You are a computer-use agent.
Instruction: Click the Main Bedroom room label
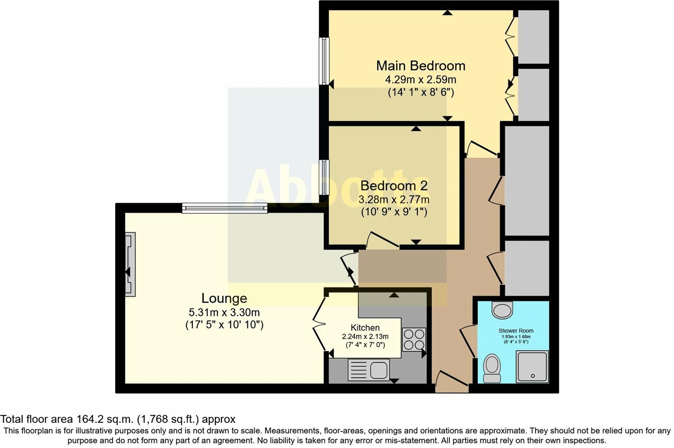click(420, 66)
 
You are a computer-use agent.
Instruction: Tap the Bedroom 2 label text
click(394, 186)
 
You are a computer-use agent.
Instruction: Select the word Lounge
click(224, 298)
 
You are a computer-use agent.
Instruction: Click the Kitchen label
click(365, 328)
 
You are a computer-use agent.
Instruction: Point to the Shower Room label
click(516, 330)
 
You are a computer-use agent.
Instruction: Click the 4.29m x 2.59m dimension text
click(420, 79)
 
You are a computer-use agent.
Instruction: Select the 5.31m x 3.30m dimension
click(224, 312)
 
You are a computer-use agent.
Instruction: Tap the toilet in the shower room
click(492, 368)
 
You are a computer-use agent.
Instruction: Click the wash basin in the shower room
click(502, 309)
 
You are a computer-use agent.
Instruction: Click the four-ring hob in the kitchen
click(414, 339)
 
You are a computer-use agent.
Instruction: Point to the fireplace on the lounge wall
click(130, 264)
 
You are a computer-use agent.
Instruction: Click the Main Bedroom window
click(324, 61)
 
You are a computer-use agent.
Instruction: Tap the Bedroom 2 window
click(324, 178)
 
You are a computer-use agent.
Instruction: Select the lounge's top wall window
click(224, 208)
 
